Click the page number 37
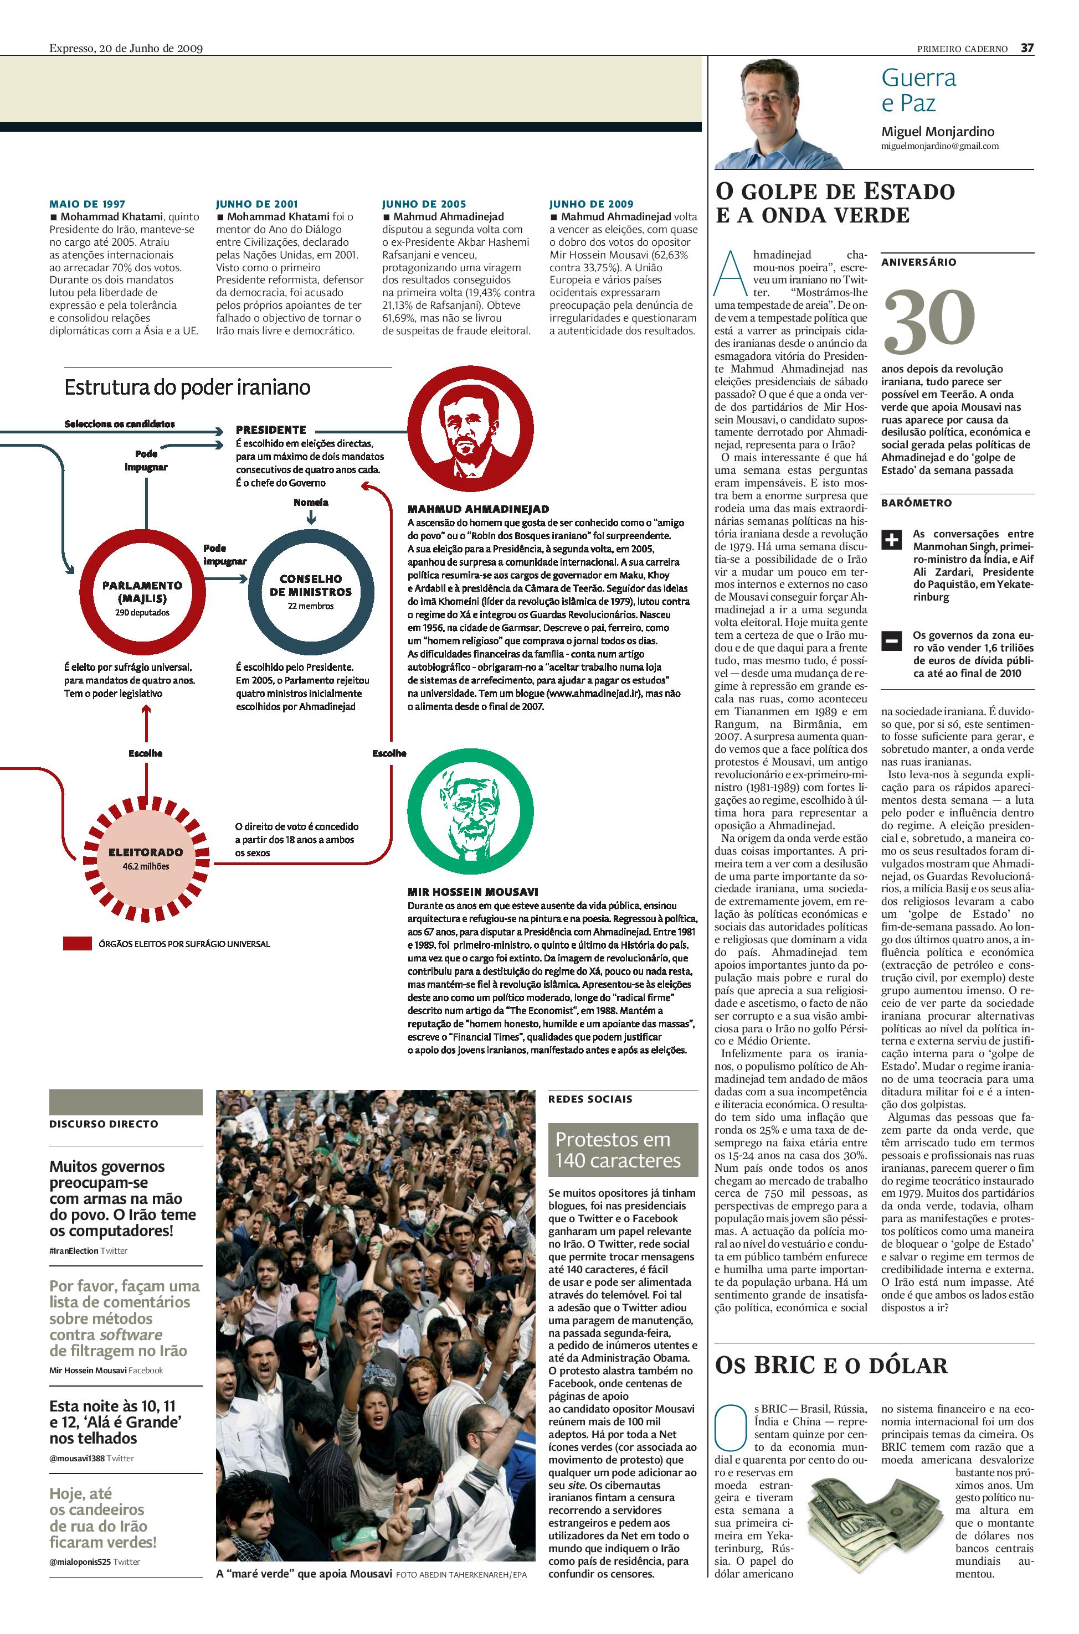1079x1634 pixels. coord(1027,48)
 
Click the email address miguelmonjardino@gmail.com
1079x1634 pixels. coord(939,147)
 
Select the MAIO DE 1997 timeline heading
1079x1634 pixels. coord(88,204)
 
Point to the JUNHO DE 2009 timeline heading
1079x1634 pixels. coord(590,204)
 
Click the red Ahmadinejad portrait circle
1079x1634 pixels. coord(470,430)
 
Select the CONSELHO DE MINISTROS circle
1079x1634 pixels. coord(310,591)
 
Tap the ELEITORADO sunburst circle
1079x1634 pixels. coord(145,857)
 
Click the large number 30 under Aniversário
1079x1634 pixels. coord(929,321)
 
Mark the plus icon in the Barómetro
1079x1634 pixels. coord(891,540)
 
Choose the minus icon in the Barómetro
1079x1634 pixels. coord(891,641)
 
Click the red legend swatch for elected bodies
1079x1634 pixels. coord(77,944)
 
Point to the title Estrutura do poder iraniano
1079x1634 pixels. coord(187,388)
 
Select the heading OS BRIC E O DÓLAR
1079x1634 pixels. coord(832,1366)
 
